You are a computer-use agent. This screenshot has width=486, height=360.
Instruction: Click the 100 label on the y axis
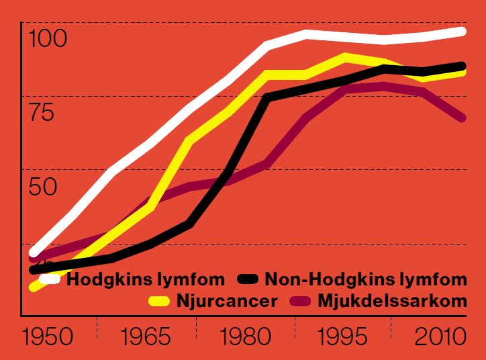(49, 39)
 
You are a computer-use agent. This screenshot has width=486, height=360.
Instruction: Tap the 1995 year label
(343, 336)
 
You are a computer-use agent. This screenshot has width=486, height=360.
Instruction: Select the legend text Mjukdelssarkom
(391, 300)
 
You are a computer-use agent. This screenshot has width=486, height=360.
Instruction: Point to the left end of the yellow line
(34, 287)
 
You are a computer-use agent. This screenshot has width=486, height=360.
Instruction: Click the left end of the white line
(34, 253)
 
